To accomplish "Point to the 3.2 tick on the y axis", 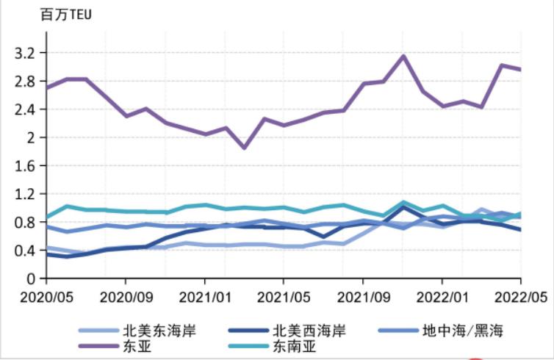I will tap(25, 53).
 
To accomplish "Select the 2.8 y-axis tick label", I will tap(25, 81).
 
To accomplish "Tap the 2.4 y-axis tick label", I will tap(25, 109).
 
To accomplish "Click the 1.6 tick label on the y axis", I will tap(25, 166).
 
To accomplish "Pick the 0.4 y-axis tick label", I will tap(25, 251).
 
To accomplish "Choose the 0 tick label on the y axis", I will tap(32, 278).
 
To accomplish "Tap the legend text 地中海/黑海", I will tap(464, 330).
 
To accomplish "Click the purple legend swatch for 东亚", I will tap(98, 346).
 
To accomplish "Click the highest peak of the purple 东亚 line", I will tap(403, 56).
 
